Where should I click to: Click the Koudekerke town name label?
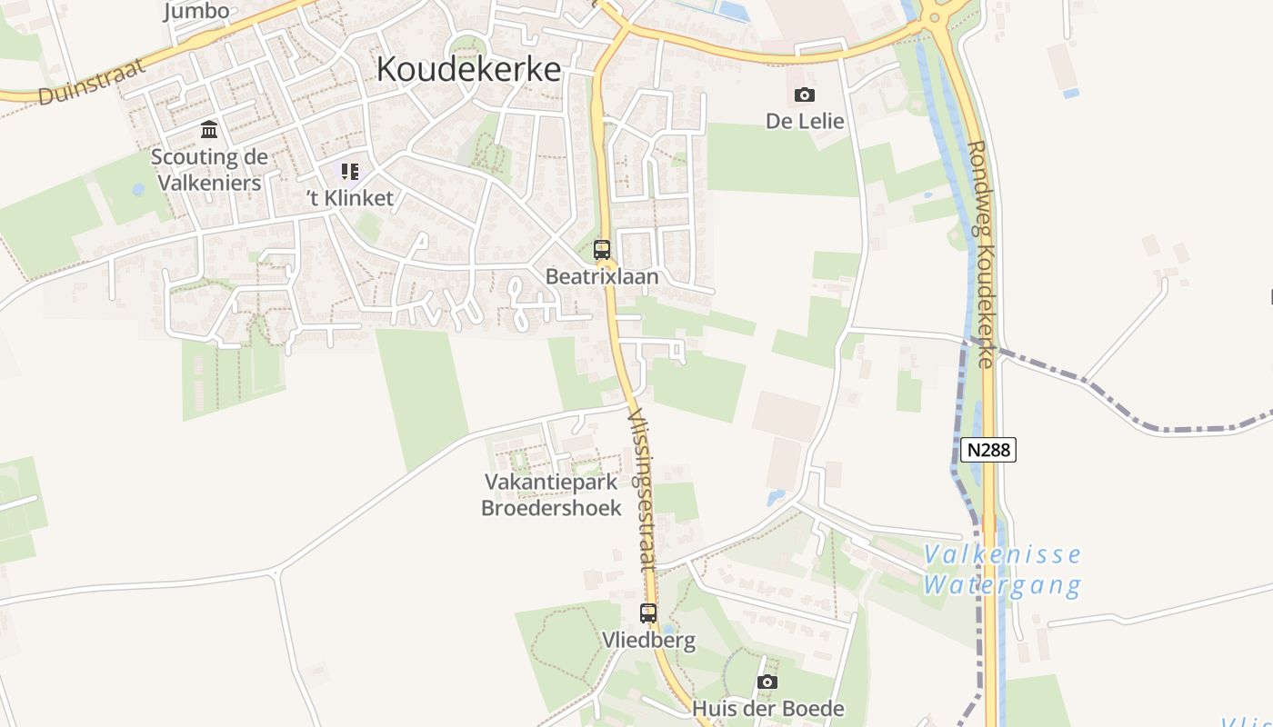pyautogui.click(x=468, y=69)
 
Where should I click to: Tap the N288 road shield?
pyautogui.click(x=988, y=449)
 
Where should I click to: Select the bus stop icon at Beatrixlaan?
pyautogui.click(x=602, y=249)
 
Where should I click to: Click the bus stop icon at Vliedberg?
pyautogui.click(x=648, y=613)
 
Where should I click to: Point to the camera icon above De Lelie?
pyautogui.click(x=805, y=95)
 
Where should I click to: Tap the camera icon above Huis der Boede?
pyautogui.click(x=767, y=682)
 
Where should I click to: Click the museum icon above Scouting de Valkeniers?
pyautogui.click(x=209, y=129)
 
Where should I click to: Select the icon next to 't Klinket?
pyautogui.click(x=350, y=171)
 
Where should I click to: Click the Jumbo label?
pyautogui.click(x=196, y=12)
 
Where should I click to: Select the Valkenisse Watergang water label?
pyautogui.click(x=1003, y=570)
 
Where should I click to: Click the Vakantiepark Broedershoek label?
pyautogui.click(x=552, y=495)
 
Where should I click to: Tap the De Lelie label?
pyautogui.click(x=805, y=121)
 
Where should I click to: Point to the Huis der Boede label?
pyautogui.click(x=768, y=709)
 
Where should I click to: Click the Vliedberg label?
pyautogui.click(x=648, y=640)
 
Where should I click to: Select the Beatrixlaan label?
pyautogui.click(x=602, y=276)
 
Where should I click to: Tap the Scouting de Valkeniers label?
pyautogui.click(x=209, y=170)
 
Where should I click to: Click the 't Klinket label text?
pyautogui.click(x=350, y=198)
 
